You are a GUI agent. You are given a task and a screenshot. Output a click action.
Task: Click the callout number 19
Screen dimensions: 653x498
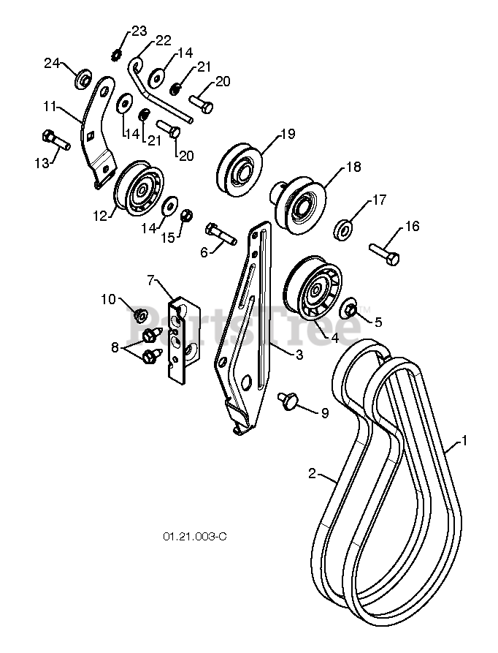[x=286, y=134]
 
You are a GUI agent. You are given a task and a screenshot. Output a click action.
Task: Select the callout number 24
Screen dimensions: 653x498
[x=51, y=64]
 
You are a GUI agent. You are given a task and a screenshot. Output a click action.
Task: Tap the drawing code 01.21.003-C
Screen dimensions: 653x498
[x=195, y=536]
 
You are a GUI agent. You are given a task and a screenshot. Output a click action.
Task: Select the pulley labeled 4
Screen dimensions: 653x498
[x=312, y=289]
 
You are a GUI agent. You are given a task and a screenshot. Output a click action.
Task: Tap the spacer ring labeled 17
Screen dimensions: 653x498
[x=343, y=229]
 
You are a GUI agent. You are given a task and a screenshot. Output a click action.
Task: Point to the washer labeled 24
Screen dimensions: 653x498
[x=83, y=77]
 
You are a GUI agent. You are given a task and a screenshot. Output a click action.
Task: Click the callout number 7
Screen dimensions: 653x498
[x=151, y=279]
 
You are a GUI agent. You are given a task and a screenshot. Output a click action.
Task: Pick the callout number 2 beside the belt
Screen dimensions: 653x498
[x=312, y=474]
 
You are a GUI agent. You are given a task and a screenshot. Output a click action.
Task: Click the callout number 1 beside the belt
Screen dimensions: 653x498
[x=463, y=442]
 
